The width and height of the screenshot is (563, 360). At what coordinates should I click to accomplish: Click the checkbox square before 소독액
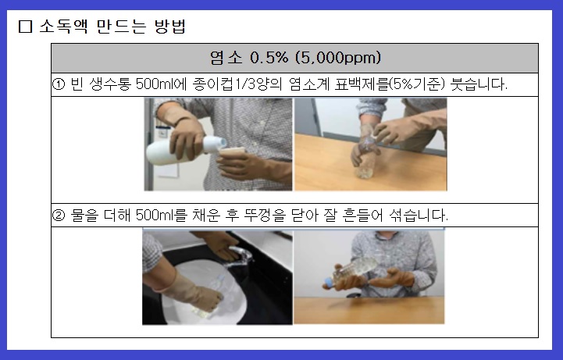point(25,26)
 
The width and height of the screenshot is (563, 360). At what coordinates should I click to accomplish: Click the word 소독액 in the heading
point(61,26)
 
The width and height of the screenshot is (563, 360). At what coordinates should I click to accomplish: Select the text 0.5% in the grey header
point(268,58)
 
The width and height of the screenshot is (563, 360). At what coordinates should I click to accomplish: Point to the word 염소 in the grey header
point(227,58)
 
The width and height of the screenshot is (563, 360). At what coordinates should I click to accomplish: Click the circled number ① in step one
point(58,84)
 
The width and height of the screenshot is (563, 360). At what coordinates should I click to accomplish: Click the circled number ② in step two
point(58,215)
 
